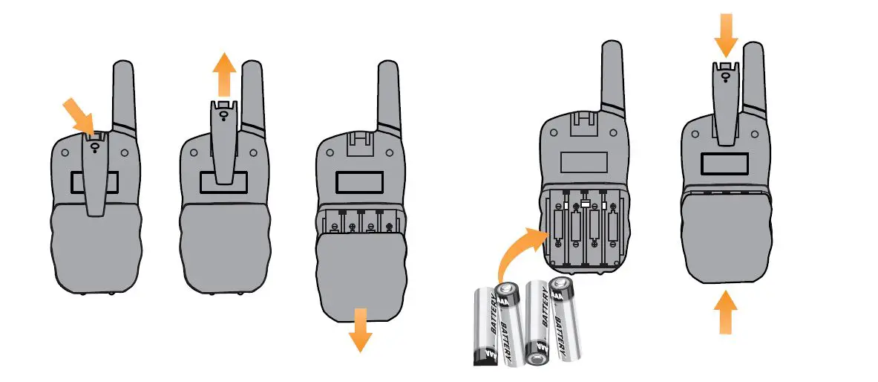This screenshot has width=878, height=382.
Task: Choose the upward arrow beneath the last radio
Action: [727, 312]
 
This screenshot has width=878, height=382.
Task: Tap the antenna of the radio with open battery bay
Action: [612, 82]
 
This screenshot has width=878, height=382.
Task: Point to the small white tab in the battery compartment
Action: [586, 203]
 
